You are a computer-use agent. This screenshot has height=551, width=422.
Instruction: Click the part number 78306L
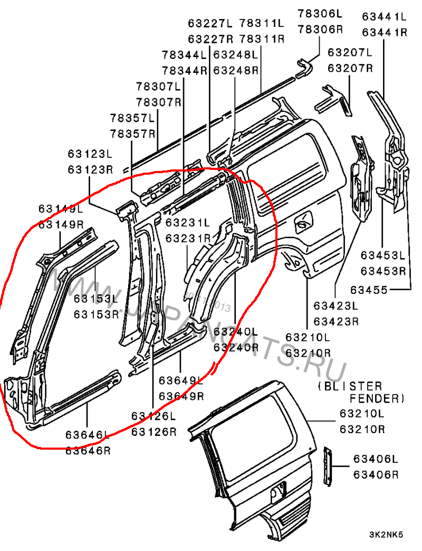click(x=319, y=13)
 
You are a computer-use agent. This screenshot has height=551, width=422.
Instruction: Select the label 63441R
click(x=385, y=33)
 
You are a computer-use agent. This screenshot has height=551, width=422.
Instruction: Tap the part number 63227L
click(x=210, y=23)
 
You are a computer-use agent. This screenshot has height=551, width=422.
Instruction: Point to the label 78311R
click(x=262, y=39)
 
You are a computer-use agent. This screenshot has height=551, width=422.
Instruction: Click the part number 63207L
click(x=350, y=53)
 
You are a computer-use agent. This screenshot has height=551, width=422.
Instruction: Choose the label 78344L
click(x=184, y=55)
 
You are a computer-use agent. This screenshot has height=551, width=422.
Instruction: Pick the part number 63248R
click(x=235, y=70)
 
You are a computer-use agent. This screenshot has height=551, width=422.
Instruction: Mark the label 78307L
click(x=159, y=86)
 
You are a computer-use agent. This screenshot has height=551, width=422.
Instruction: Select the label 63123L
click(x=90, y=154)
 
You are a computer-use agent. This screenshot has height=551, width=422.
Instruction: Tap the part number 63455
click(x=369, y=290)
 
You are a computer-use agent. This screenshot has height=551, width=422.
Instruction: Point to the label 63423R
click(x=336, y=321)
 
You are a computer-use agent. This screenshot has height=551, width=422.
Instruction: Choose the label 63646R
click(x=88, y=451)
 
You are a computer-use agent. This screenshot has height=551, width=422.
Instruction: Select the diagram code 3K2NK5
click(x=386, y=535)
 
